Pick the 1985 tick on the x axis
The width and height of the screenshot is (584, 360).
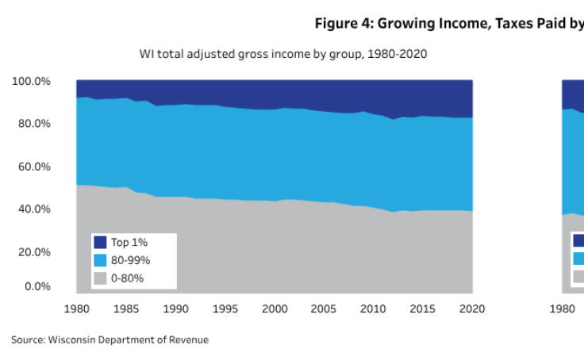click(126, 308)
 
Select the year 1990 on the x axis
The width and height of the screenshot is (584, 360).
click(175, 308)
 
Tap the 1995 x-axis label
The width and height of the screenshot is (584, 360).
click(225, 308)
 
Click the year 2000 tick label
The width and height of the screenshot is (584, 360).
click(275, 308)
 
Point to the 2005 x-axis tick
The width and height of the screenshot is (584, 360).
click(325, 308)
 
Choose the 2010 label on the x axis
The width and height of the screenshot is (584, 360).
click(374, 308)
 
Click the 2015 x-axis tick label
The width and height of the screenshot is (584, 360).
click(423, 308)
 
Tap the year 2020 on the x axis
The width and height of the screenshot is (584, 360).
click(472, 308)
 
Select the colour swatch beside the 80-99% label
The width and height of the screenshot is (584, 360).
click(101, 260)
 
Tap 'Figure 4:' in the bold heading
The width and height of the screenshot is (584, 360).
click(344, 23)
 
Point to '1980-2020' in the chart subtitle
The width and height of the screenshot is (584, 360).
click(403, 55)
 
